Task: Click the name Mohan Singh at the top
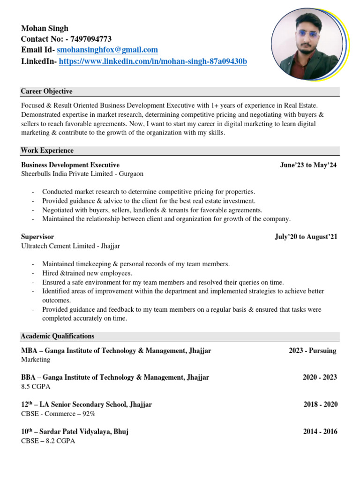[x=45, y=28]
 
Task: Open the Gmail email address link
[x=107, y=50]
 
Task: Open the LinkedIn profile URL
[x=153, y=61]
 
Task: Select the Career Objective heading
[x=46, y=91]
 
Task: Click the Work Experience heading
[x=47, y=150]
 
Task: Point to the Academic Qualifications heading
[x=58, y=336]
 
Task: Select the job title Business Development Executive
[x=70, y=165]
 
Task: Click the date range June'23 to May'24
[x=308, y=165]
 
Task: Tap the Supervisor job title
[x=37, y=237]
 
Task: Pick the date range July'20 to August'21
[x=306, y=237]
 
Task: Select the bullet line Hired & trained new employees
[x=87, y=273]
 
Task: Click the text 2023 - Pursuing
[x=312, y=351]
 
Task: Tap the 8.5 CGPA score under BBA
[x=36, y=387]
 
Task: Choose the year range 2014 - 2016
[x=320, y=432]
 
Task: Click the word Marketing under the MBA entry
[x=36, y=360]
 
